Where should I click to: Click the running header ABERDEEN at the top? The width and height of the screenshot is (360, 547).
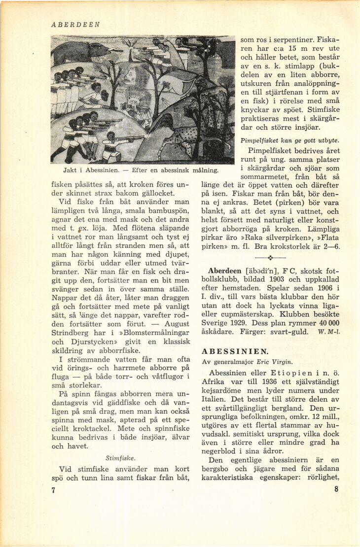tap(75, 24)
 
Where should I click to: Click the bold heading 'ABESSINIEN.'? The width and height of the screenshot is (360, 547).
tap(235, 351)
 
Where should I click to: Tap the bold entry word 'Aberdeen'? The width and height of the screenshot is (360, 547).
tap(224, 271)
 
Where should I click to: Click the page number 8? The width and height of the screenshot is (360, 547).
tap(336, 489)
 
